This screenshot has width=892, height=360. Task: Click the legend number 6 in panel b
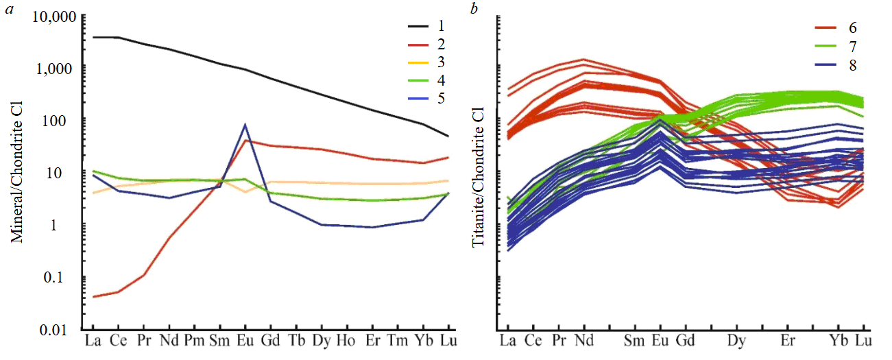tap(852, 28)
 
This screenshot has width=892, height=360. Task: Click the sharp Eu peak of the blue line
tap(245, 125)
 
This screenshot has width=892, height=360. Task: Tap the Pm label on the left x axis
tap(194, 341)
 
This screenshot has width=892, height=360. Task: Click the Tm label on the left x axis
tap(398, 341)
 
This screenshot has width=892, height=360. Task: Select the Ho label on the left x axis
tap(346, 341)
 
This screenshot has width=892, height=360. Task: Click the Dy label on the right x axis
tap(736, 341)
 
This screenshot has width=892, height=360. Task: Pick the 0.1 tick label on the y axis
tap(65, 277)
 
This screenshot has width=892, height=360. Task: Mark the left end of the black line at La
tap(93, 37)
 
